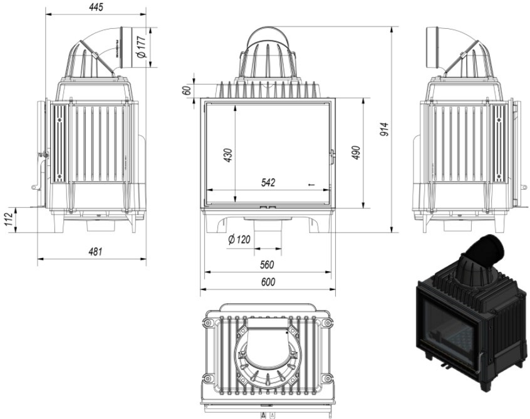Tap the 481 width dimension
[x=95, y=252]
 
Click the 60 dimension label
[x=186, y=89]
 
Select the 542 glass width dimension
[x=268, y=182]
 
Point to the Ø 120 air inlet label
[x=240, y=239]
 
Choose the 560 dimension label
[x=268, y=265]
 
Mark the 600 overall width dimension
[x=268, y=282]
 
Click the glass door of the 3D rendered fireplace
[x=448, y=330]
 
